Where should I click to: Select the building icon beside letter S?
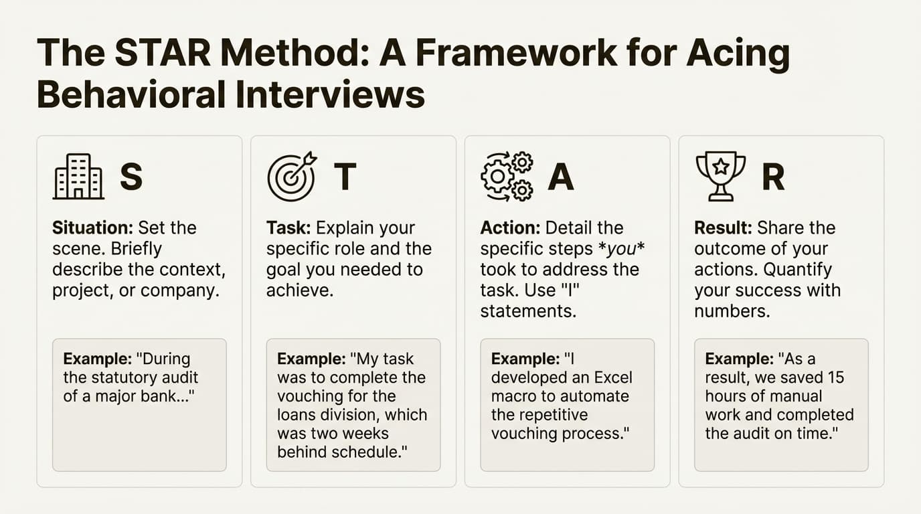tap(78, 176)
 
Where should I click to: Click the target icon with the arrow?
tap(291, 177)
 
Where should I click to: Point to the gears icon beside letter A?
tap(507, 177)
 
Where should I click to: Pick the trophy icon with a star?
tap(720, 176)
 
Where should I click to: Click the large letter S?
tap(131, 177)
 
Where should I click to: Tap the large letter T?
tap(345, 177)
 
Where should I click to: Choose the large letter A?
tap(560, 177)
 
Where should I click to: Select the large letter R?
tap(773, 177)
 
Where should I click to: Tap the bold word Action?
tap(511, 228)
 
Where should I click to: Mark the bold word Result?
tap(723, 228)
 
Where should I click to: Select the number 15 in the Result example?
tap(837, 377)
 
